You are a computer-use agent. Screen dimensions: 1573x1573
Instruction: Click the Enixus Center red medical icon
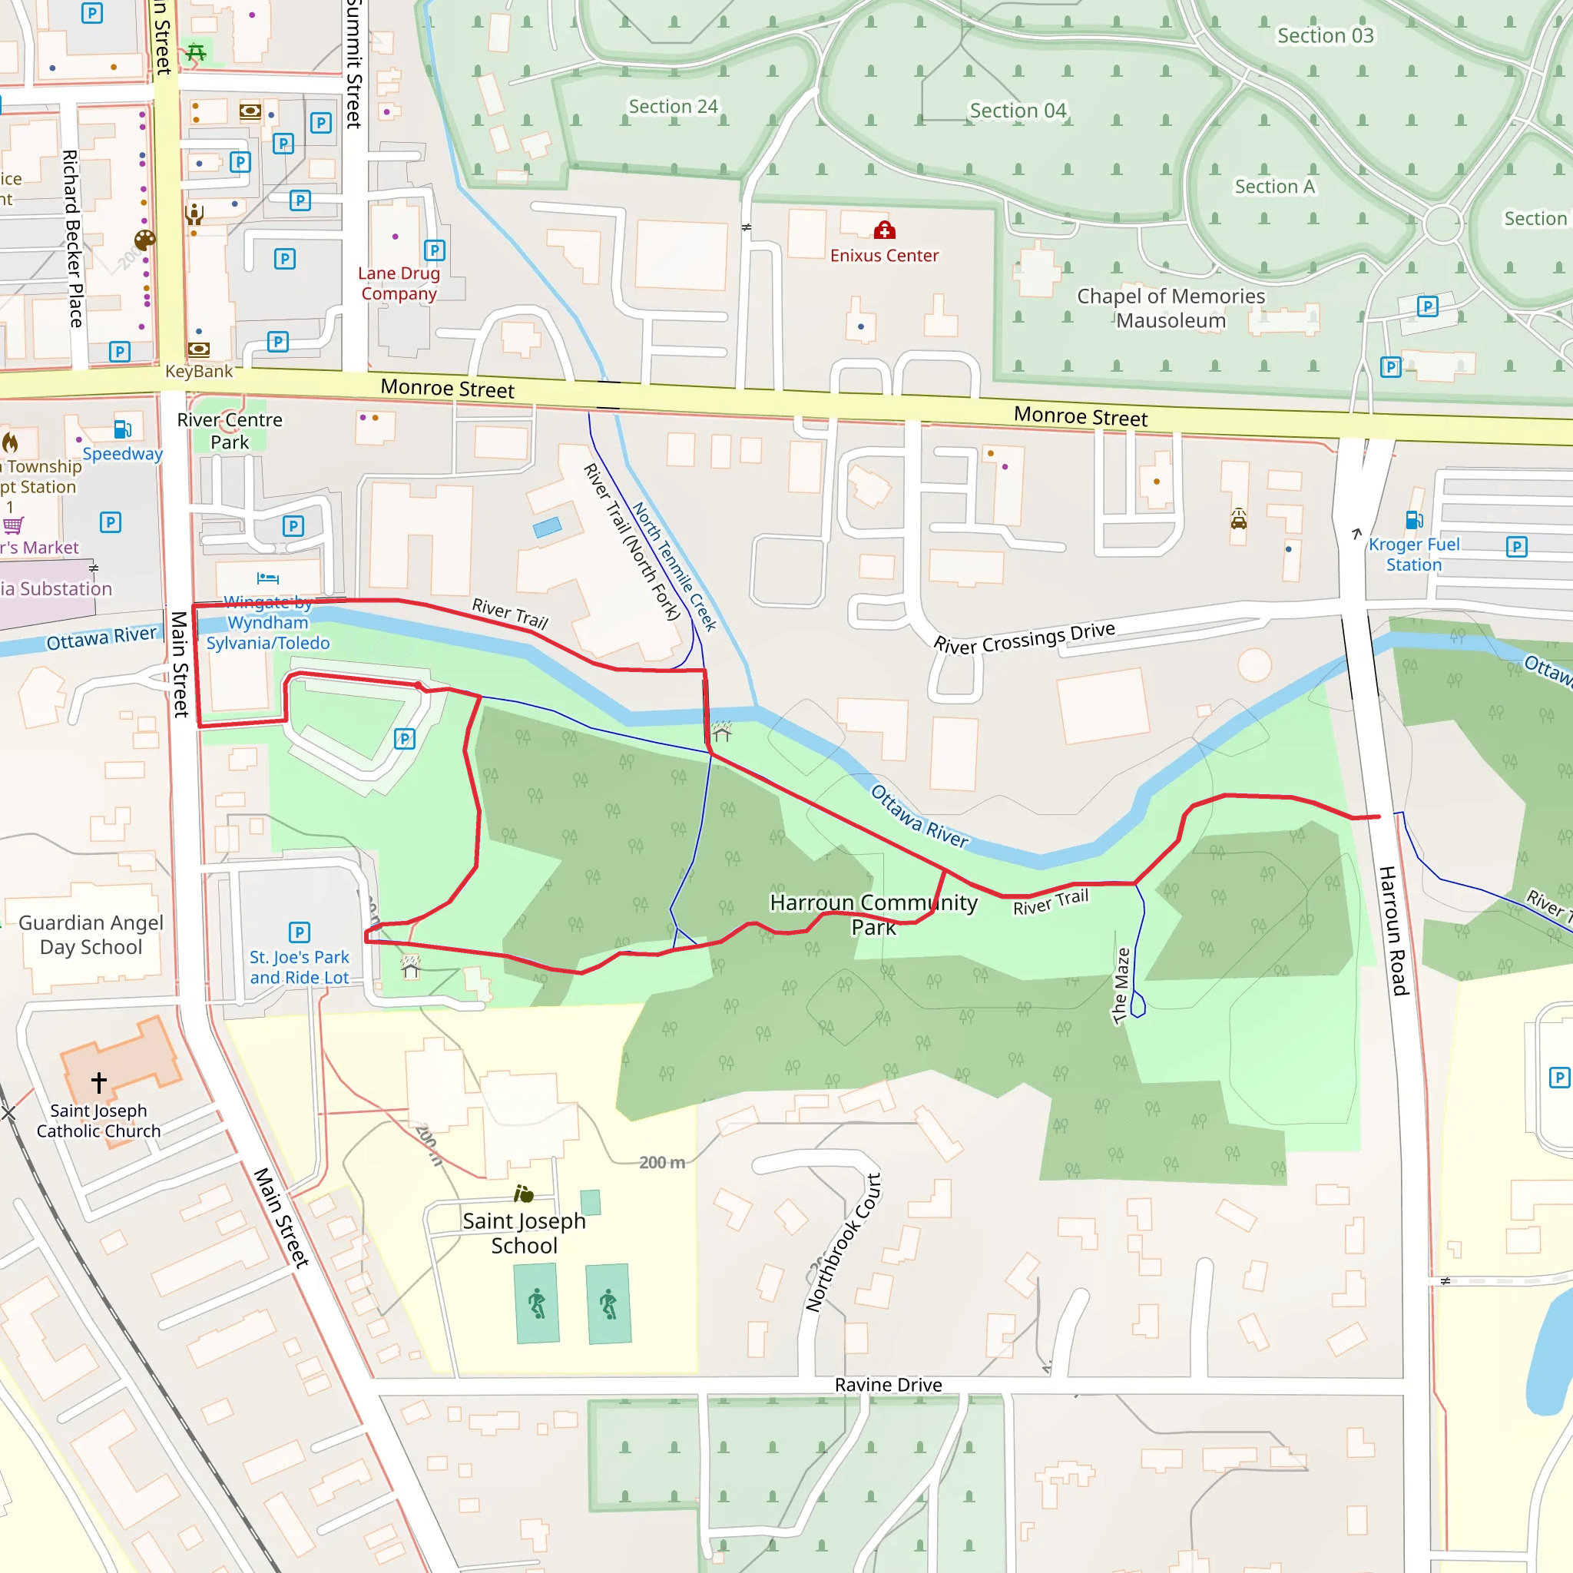pyautogui.click(x=884, y=231)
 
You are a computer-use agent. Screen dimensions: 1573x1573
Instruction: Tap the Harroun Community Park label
pyautogui.click(x=873, y=914)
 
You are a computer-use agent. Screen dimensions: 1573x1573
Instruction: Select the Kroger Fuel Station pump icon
pyautogui.click(x=1414, y=520)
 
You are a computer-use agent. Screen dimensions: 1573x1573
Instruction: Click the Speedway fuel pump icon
pyautogui.click(x=123, y=429)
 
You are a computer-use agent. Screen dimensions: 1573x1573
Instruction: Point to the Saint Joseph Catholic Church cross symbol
pyautogui.click(x=98, y=1082)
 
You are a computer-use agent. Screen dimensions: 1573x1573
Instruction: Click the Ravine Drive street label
pyautogui.click(x=889, y=1385)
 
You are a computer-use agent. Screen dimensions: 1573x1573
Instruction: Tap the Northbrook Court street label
pyautogui.click(x=843, y=1243)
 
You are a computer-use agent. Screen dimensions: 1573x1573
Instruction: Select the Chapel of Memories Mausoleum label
pyautogui.click(x=1171, y=308)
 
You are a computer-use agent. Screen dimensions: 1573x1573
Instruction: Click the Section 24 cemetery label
pyautogui.click(x=673, y=107)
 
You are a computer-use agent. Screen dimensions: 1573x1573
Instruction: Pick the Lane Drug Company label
pyautogui.click(x=399, y=283)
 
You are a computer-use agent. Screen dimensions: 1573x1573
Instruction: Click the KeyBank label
pyautogui.click(x=199, y=371)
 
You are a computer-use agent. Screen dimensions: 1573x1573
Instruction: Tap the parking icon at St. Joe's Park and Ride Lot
pyautogui.click(x=299, y=932)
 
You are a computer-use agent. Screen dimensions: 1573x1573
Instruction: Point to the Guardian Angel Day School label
pyautogui.click(x=91, y=935)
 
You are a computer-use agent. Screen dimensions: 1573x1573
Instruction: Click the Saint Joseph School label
pyautogui.click(x=525, y=1233)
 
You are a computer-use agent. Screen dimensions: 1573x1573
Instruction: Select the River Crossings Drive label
pyautogui.click(x=1025, y=637)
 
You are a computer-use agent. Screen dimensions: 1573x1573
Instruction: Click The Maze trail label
pyautogui.click(x=1121, y=985)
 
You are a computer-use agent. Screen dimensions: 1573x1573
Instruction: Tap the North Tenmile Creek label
pyautogui.click(x=674, y=567)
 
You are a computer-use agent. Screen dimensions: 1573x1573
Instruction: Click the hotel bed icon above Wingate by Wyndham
pyautogui.click(x=268, y=579)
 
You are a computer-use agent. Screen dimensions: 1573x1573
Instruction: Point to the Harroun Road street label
pyautogui.click(x=1393, y=931)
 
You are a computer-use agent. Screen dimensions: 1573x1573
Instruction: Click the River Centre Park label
pyautogui.click(x=230, y=431)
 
